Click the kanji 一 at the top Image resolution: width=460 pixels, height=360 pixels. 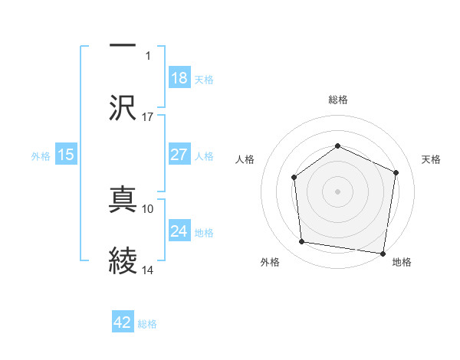tap(123, 45)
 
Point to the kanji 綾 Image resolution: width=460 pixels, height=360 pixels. tap(123, 261)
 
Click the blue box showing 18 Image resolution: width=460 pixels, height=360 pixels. tap(179, 78)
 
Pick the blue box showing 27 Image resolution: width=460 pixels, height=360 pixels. tap(179, 155)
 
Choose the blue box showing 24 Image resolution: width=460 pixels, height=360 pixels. tap(179, 231)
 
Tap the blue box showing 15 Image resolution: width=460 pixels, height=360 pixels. tap(66, 155)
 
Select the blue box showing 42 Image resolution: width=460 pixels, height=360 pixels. tap(123, 323)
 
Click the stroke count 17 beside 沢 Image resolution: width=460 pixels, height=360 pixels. tap(148, 117)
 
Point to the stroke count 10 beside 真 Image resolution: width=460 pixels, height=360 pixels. tap(148, 208)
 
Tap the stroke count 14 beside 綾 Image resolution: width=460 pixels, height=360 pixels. tap(148, 270)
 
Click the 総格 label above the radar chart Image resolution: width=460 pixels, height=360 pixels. tap(337, 100)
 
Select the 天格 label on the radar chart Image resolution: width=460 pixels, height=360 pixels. tap(432, 159)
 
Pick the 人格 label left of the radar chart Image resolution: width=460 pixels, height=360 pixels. tap(245, 159)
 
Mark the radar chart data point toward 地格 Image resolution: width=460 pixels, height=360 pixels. tap(383, 253)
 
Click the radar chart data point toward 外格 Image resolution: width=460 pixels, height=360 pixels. tap(302, 242)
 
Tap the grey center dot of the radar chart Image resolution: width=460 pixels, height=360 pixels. tap(337, 191)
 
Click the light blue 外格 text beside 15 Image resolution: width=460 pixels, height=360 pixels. tap(41, 155)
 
